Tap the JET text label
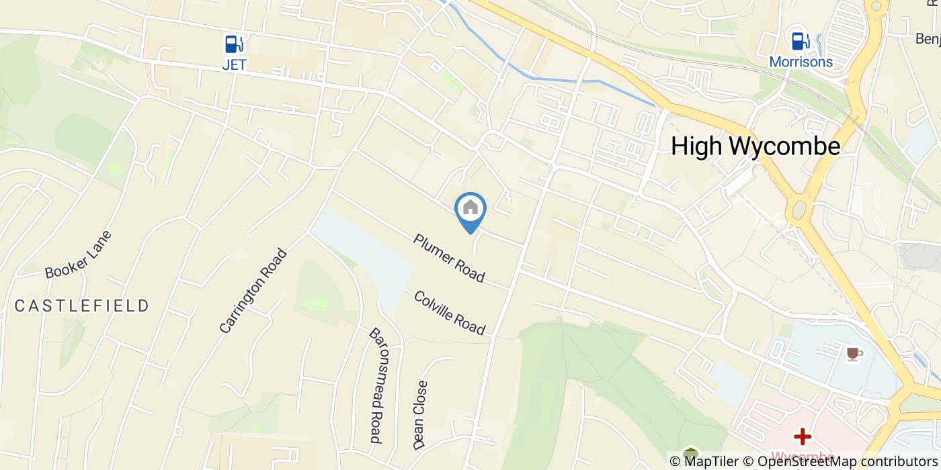pyautogui.click(x=234, y=65)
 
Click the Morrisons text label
pyautogui.click(x=801, y=62)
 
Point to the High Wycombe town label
pyautogui.click(x=755, y=146)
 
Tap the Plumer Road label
pyautogui.click(x=449, y=258)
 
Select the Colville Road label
pyautogui.click(x=449, y=313)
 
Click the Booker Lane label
pyautogui.click(x=78, y=255)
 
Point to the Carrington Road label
pyautogui.click(x=253, y=291)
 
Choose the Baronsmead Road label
pyautogui.click(x=376, y=385)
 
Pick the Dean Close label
pyautogui.click(x=421, y=415)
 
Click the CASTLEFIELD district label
pyautogui.click(x=82, y=306)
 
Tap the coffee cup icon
pyautogui.click(x=854, y=354)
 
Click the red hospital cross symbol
pyautogui.click(x=802, y=437)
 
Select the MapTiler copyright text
pyautogui.click(x=704, y=461)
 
